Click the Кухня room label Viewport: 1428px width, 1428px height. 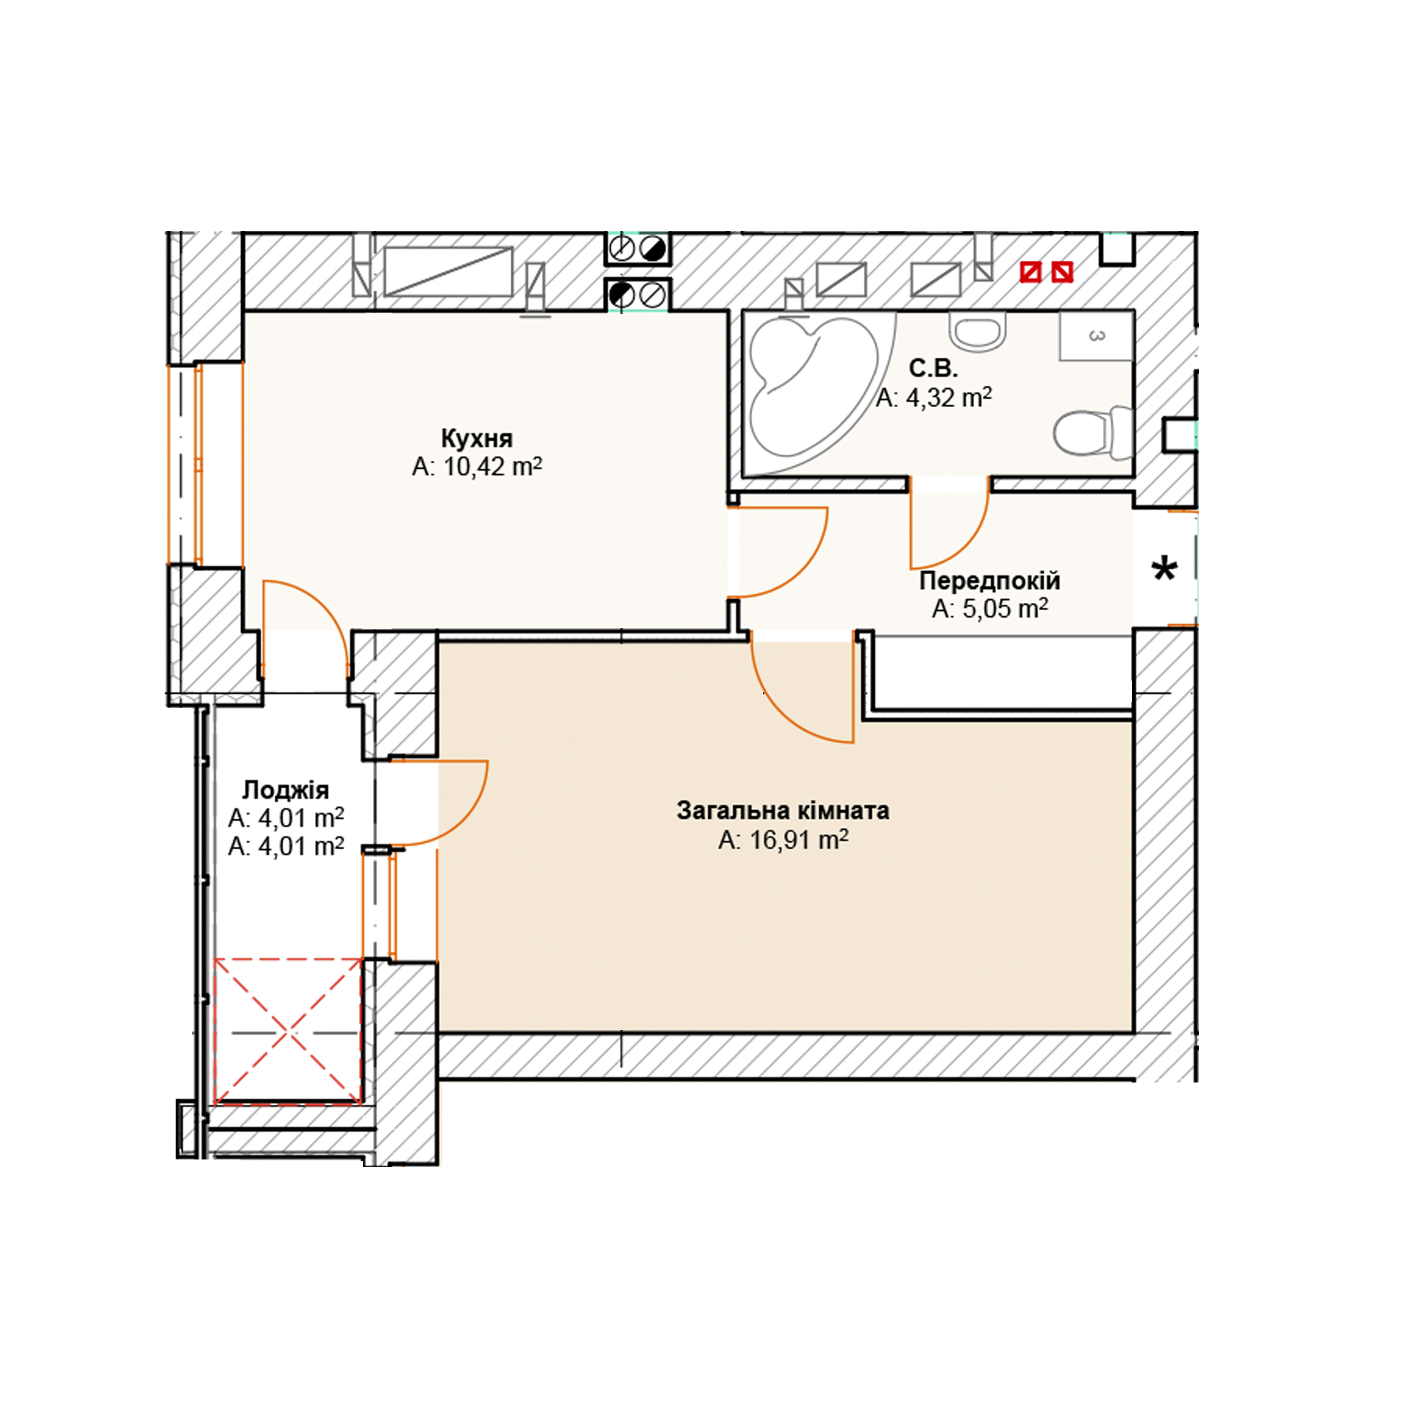click(x=477, y=438)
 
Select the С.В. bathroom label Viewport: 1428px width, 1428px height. click(x=933, y=368)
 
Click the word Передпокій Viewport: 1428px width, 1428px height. click(x=990, y=580)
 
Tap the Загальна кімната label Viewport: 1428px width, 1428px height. click(x=783, y=811)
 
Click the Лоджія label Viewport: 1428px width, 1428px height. click(x=285, y=790)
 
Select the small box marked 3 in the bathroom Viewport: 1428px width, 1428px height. click(x=1096, y=336)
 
